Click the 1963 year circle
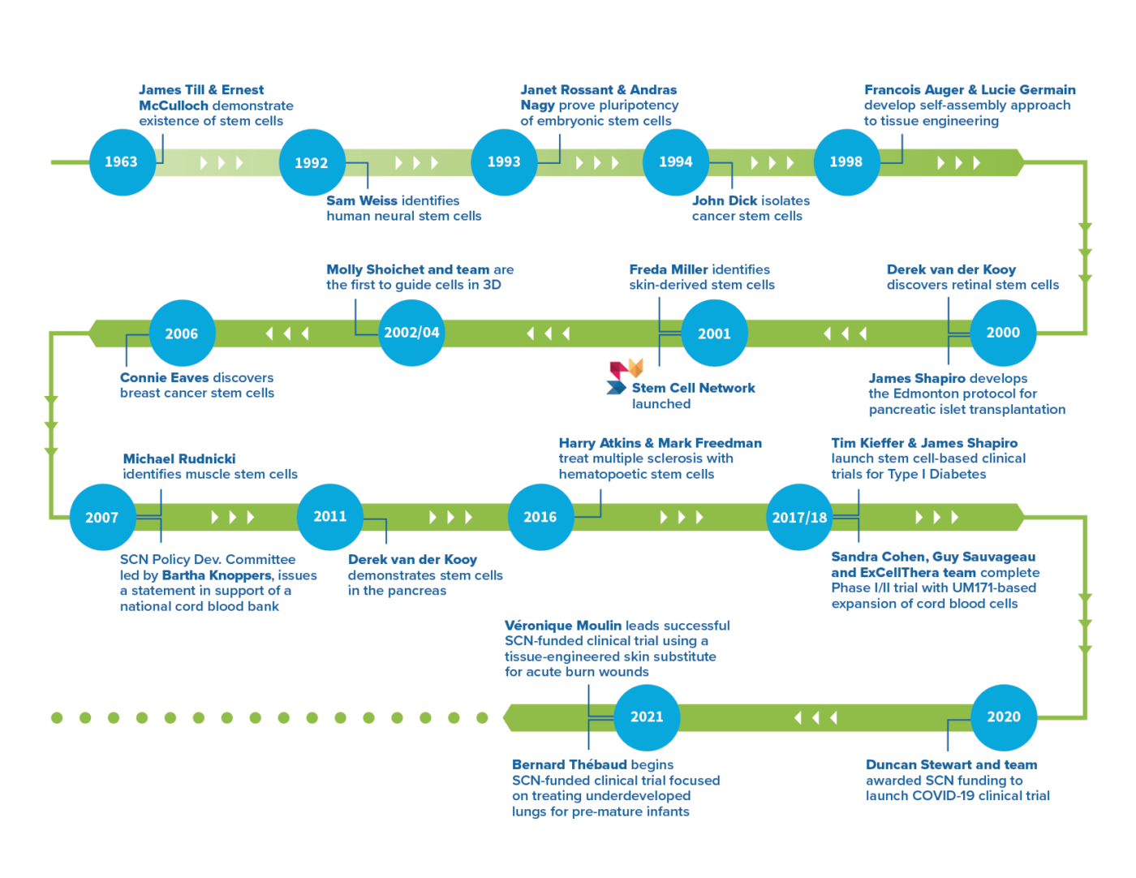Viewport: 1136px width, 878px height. (x=121, y=162)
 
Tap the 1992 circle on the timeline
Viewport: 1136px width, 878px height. (x=312, y=162)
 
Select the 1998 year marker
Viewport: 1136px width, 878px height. (x=846, y=162)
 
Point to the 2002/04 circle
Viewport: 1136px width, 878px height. (x=411, y=333)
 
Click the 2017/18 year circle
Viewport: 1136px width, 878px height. (x=799, y=517)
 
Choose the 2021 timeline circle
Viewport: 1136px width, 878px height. (x=647, y=717)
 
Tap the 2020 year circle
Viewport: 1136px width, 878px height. (x=1003, y=717)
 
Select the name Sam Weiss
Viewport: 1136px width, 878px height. (x=362, y=200)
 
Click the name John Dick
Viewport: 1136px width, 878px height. (x=724, y=200)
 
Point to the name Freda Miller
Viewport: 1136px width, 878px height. (x=668, y=269)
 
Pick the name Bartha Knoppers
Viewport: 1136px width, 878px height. (x=217, y=575)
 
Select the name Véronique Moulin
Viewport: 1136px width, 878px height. (x=563, y=626)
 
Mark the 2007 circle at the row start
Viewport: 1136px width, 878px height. (x=101, y=517)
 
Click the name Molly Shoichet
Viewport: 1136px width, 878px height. (x=374, y=269)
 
